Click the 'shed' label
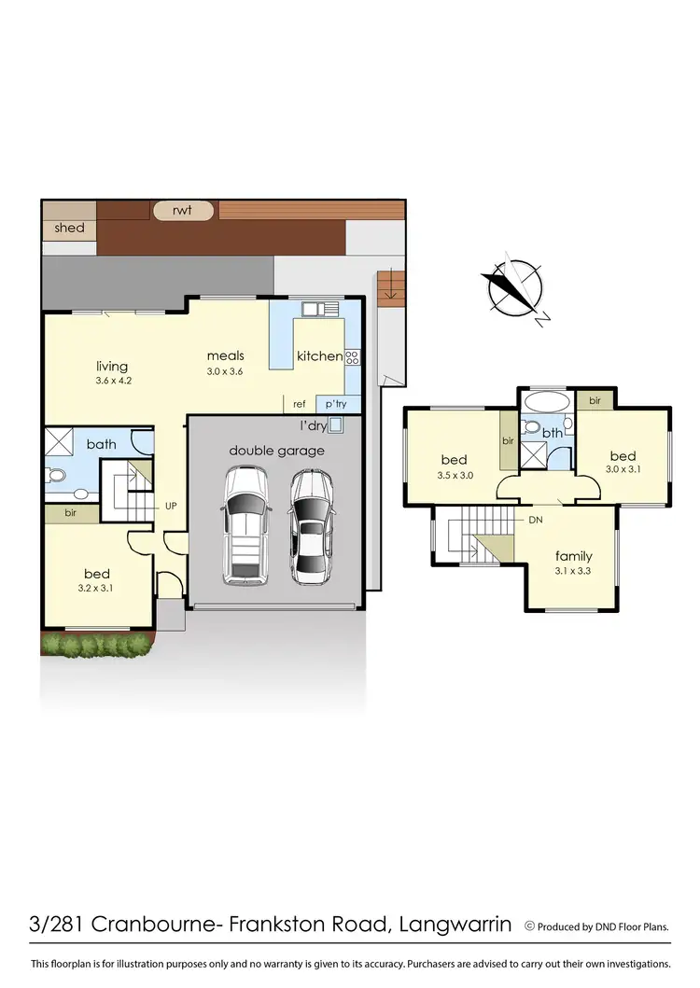(70, 229)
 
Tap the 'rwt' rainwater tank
(182, 210)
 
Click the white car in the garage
(245, 525)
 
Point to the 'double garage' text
(277, 451)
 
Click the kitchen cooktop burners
(352, 356)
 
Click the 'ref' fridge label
(300, 404)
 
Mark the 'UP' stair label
(171, 506)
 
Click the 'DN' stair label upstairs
(536, 520)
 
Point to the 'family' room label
(573, 556)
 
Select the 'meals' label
(225, 355)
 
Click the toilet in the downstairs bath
(57, 476)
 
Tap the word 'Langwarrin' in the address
(455, 925)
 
